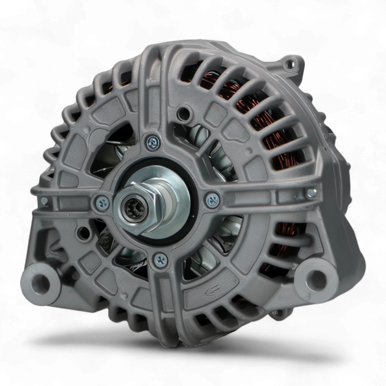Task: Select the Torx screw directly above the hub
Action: (x=153, y=142)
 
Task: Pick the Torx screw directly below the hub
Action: (x=159, y=259)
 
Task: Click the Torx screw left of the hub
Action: (x=102, y=201)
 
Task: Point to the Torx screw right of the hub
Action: (x=212, y=200)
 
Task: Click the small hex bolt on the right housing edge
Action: (x=311, y=193)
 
